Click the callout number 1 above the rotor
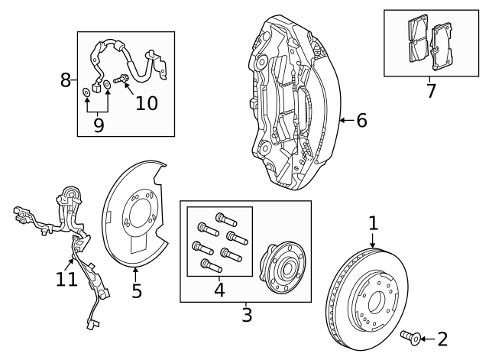point(373,223)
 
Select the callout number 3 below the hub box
point(246,313)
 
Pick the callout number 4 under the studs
point(219,290)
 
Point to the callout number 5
point(136,290)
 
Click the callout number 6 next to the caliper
point(361,120)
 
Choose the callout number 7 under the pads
point(431,92)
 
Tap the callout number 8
point(66,79)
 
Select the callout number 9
point(98,124)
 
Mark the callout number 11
point(66,279)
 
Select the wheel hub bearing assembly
point(281,264)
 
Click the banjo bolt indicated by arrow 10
point(121,79)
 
